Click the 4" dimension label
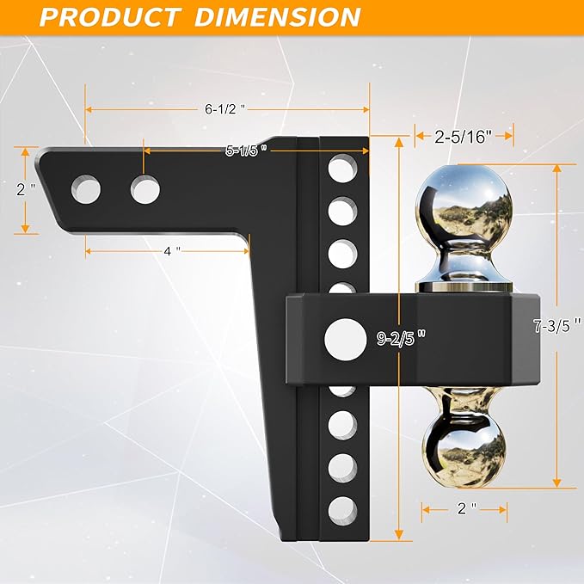click(x=172, y=250)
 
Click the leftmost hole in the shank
click(x=86, y=188)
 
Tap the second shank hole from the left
click(x=145, y=188)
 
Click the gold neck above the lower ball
click(x=464, y=405)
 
